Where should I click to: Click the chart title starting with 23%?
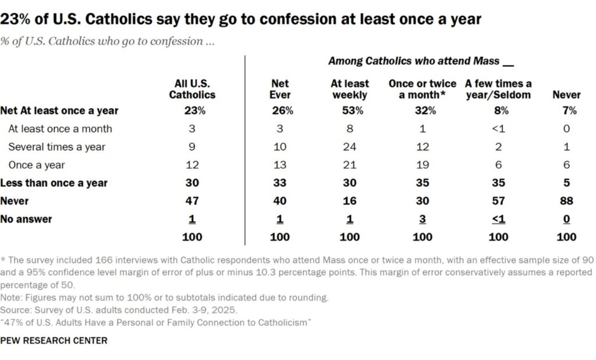tap(241, 19)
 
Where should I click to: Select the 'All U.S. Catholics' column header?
tap(192, 89)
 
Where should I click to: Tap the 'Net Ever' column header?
tap(280, 89)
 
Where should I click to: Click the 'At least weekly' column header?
tap(349, 89)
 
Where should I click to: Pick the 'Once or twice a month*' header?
tap(423, 89)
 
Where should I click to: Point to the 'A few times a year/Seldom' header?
tap(499, 89)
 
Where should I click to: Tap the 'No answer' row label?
tap(26, 219)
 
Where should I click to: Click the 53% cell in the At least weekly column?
tap(349, 111)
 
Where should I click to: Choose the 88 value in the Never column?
tap(566, 201)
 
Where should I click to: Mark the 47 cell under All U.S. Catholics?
tap(192, 201)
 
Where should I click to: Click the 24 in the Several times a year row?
tap(349, 147)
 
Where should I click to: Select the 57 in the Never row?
tap(499, 201)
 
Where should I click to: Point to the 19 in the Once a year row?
tap(423, 165)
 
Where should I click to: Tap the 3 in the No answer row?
tap(423, 219)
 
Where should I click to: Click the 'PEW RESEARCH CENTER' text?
tap(54, 341)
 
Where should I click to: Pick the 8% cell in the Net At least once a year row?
tap(499, 111)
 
